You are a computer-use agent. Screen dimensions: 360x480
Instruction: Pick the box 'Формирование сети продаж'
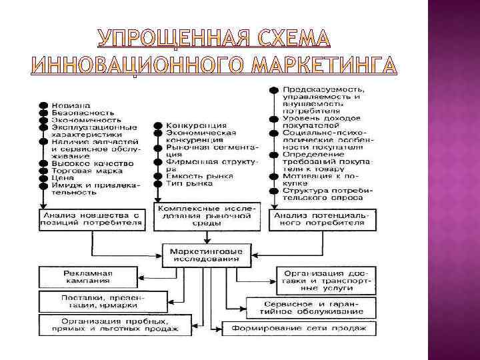pyautogui.click(x=299, y=329)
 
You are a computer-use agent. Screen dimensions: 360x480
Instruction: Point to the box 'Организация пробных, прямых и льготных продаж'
pyautogui.click(x=110, y=324)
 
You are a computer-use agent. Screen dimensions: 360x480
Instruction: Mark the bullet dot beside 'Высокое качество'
pyautogui.click(x=42, y=163)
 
